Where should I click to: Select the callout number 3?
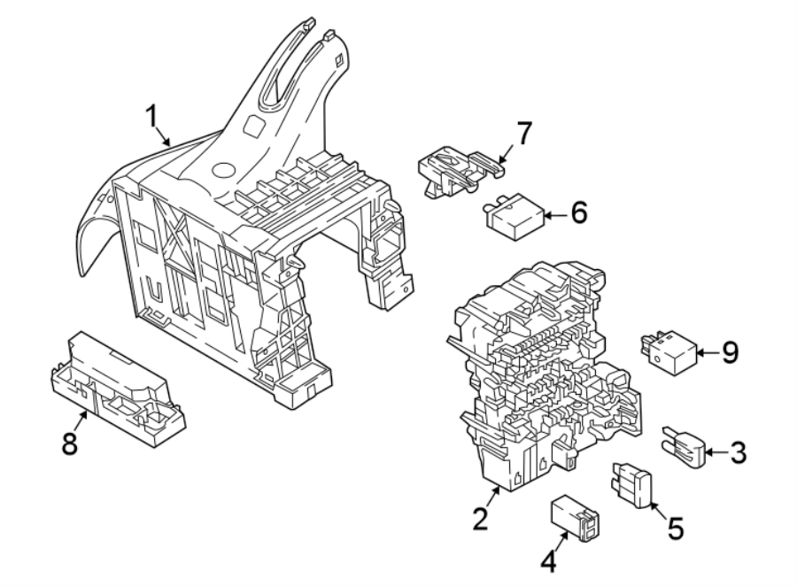point(738,454)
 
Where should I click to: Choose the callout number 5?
point(675,528)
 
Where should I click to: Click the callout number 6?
point(577,214)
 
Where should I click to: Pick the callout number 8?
point(68,443)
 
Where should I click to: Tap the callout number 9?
point(729,353)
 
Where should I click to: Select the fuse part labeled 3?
point(683,447)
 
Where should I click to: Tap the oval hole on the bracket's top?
point(221,168)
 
